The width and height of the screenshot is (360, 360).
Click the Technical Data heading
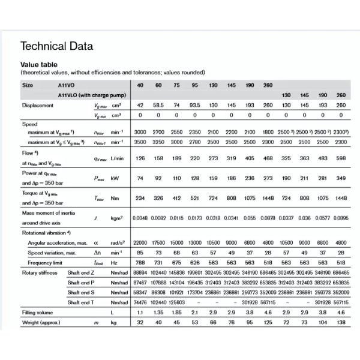56,46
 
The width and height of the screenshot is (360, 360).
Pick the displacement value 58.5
159,105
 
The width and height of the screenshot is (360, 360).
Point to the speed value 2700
159,131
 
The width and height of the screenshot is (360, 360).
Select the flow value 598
341,159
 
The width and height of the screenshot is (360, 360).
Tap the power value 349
341,179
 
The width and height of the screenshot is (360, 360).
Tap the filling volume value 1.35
159,313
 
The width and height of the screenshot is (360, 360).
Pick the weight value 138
341,323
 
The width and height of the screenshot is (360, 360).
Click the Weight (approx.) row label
41,323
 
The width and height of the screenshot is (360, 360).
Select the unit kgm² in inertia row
117,218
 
